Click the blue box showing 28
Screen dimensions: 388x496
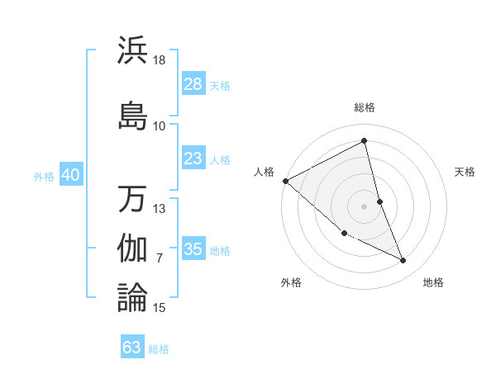click(x=193, y=84)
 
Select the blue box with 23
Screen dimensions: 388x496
click(x=193, y=159)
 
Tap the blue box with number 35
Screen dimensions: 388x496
click(x=193, y=249)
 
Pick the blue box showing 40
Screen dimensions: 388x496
click(x=70, y=175)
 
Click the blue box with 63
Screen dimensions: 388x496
click(x=132, y=348)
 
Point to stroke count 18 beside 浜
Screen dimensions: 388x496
click(x=160, y=61)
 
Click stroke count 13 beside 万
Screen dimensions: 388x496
click(x=160, y=209)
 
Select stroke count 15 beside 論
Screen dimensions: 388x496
click(x=160, y=308)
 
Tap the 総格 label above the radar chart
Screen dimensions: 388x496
click(x=365, y=107)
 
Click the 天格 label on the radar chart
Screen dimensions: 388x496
click(x=465, y=172)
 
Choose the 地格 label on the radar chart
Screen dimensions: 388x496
click(x=433, y=282)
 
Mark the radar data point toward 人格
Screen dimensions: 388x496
click(x=285, y=181)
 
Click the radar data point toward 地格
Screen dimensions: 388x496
click(x=403, y=261)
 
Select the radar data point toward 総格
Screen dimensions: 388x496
click(x=365, y=141)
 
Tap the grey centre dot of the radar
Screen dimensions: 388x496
click(x=365, y=206)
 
